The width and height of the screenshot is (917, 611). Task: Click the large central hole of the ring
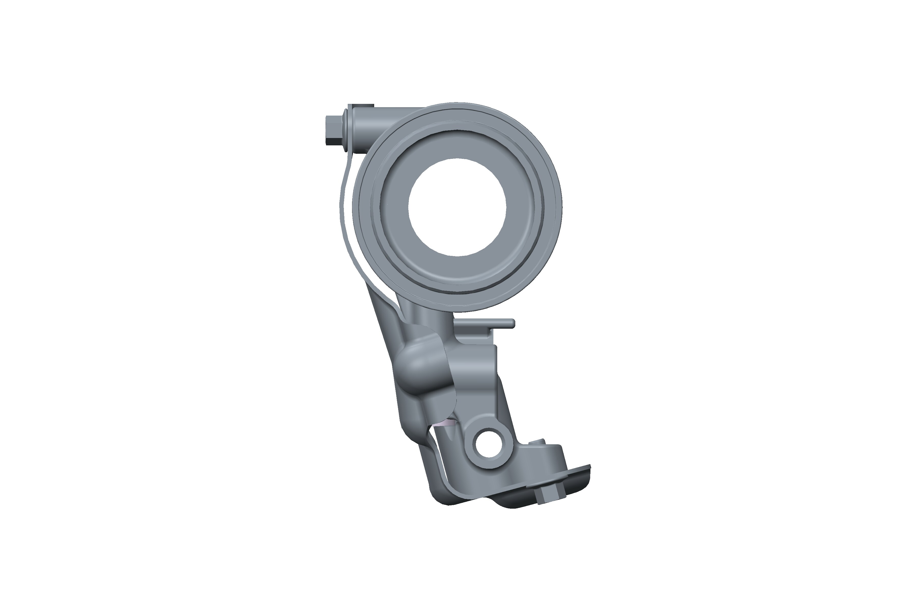point(457,207)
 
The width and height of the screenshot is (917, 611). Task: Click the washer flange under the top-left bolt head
point(346,130)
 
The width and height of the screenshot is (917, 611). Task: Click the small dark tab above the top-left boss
point(361,105)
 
